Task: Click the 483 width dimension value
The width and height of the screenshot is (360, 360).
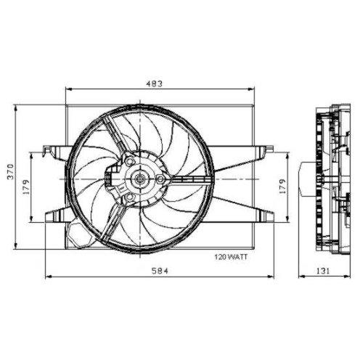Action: (154, 83)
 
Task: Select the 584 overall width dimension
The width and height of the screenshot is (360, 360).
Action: (160, 271)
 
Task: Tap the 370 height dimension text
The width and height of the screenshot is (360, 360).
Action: (11, 172)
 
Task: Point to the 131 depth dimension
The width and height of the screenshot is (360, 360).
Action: (323, 271)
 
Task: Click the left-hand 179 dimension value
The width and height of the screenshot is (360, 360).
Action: (26, 187)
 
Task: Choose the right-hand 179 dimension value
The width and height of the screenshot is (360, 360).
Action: (282, 187)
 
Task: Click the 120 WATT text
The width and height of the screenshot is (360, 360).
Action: (231, 257)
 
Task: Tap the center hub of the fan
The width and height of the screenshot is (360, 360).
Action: (139, 179)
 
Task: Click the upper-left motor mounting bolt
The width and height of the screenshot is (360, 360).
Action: (130, 160)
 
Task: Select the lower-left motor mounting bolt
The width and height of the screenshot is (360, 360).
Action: (130, 197)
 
